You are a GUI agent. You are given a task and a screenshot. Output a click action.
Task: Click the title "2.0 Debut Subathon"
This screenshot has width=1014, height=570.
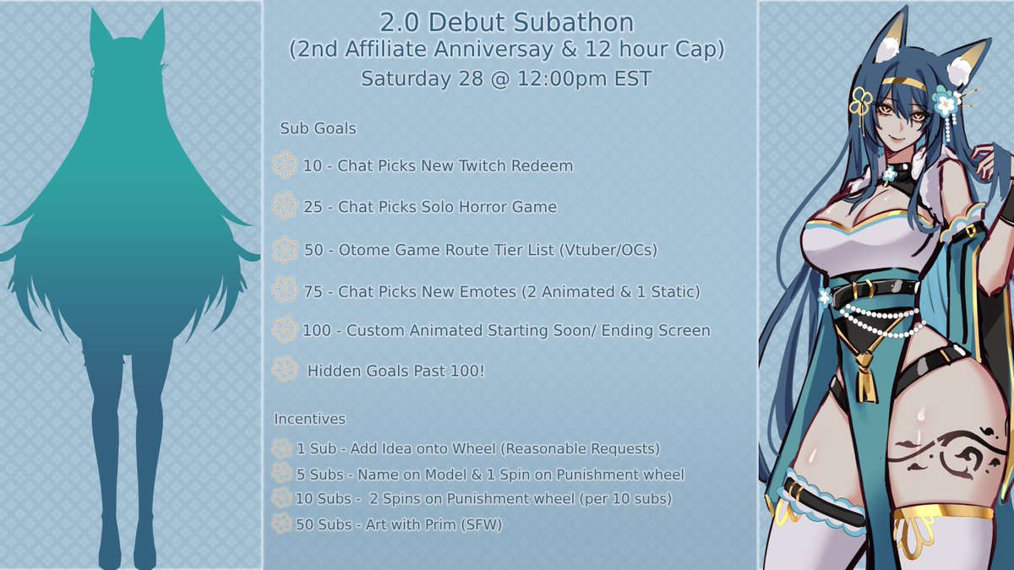[x=507, y=21]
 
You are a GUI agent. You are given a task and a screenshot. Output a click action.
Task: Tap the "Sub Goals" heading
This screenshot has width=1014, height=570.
[x=318, y=129]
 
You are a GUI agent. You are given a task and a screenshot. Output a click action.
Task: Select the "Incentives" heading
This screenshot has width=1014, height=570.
[x=309, y=419]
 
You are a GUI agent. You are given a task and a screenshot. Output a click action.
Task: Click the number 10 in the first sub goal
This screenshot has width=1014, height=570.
[x=312, y=166]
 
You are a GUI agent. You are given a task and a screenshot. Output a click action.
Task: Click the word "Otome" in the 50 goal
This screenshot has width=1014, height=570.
[x=361, y=250]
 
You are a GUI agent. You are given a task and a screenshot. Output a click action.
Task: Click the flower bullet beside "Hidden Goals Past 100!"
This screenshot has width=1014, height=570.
[x=285, y=369]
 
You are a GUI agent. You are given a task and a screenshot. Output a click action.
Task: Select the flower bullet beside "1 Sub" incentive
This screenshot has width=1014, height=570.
[x=281, y=448]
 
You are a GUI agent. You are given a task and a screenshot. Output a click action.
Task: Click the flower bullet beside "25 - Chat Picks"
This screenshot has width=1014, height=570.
[x=285, y=206]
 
